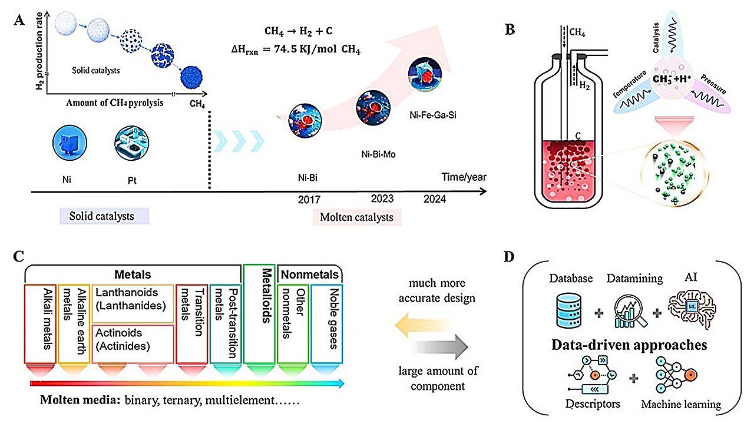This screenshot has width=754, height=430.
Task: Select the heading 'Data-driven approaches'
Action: [x=629, y=345]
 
